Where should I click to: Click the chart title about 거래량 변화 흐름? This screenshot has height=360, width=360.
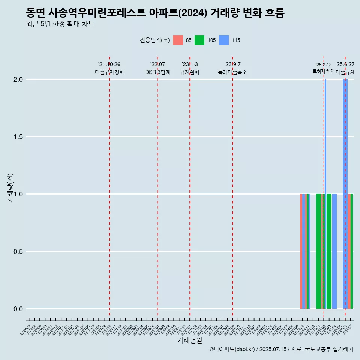click(155, 13)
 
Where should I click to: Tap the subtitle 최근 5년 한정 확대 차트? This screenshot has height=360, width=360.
click(60, 24)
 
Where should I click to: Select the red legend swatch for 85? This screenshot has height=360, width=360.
click(178, 40)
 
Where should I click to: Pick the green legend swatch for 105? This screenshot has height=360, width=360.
click(199, 40)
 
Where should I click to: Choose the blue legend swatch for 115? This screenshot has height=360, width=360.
click(223, 40)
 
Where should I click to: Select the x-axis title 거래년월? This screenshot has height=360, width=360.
click(189, 340)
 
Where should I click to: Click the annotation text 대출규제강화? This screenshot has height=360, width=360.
click(109, 72)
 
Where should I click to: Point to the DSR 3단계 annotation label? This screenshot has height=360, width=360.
click(157, 72)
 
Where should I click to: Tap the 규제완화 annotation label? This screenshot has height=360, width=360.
click(190, 72)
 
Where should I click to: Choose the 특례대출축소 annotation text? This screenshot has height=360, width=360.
click(232, 72)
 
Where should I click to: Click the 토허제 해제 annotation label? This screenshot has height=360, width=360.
click(323, 71)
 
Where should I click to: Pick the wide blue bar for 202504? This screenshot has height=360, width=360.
click(334, 251)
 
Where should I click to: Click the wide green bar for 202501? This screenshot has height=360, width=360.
click(318, 251)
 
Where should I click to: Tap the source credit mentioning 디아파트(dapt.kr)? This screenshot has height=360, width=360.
click(281, 349)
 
